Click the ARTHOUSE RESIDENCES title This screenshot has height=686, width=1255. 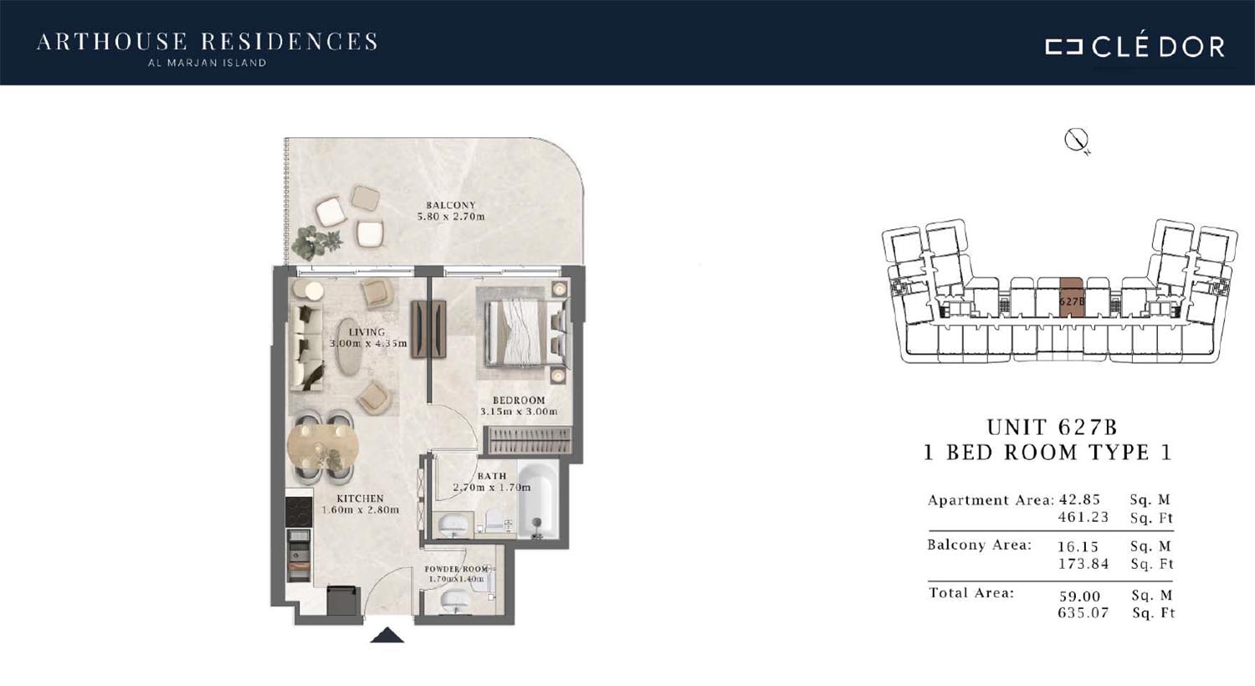pos(207,43)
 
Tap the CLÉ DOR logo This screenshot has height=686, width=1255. pos(1135,47)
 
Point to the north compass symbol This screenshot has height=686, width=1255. pos(1076,140)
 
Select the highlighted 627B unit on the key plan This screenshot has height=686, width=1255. pos(1072,298)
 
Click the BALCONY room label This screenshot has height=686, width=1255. pos(450,205)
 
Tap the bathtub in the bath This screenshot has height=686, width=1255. pos(538,499)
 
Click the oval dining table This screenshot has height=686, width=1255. pos(323,447)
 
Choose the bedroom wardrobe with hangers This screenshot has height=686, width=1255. pos(528,440)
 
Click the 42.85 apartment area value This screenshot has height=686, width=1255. pos(1079,499)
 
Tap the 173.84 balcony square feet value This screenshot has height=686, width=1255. pos(1083,563)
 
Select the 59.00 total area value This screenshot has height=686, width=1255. pos(1079,596)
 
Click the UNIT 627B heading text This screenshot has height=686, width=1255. pos(1052,427)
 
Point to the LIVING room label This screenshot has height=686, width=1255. pos(367,332)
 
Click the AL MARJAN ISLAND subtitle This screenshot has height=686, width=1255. pos(207,63)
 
